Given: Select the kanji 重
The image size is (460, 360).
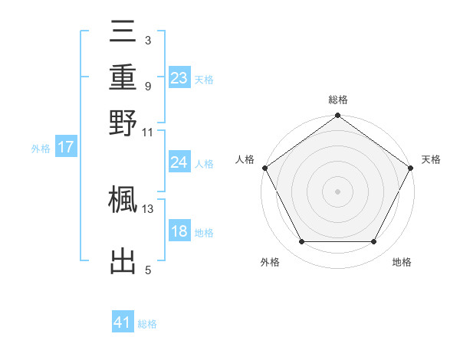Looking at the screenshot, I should (123, 78).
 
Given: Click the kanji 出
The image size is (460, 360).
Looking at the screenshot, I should (123, 261).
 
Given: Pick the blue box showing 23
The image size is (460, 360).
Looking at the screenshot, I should (179, 78).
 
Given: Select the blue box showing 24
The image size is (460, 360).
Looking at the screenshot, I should (179, 162).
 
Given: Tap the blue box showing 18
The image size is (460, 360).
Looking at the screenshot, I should (179, 232).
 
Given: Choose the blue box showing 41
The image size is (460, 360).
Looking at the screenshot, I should (123, 323).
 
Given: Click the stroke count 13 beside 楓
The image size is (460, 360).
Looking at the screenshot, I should (148, 208).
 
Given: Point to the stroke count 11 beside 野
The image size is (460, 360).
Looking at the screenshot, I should (148, 131).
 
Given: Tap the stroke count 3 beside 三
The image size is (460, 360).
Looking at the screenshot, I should (147, 39).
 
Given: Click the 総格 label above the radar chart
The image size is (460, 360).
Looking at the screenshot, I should (337, 100).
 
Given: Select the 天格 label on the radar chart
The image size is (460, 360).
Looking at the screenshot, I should (431, 159).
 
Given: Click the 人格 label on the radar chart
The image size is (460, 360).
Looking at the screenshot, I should (245, 159).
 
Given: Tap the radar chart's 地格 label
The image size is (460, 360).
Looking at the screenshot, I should (402, 262).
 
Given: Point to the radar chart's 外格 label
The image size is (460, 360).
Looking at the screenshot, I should (270, 262).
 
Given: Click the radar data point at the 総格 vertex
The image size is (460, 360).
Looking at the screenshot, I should (337, 116).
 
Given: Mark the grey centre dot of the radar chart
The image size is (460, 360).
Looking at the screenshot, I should (337, 191).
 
